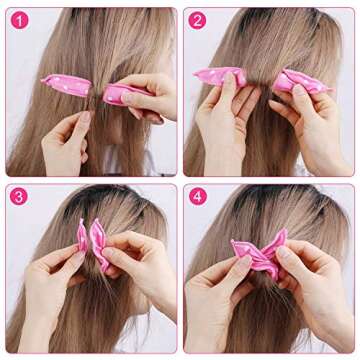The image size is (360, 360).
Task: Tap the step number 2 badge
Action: (x=198, y=20)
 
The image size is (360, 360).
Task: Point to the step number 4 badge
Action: (x=198, y=196)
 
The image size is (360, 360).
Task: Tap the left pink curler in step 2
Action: (x=221, y=77)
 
